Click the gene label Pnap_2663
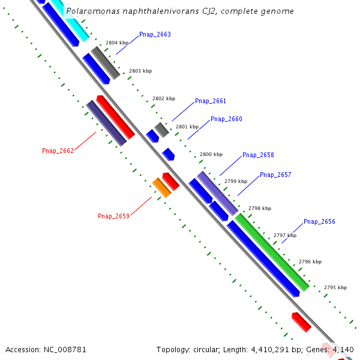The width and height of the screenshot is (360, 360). point(155,35)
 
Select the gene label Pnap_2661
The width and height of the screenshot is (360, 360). point(211,101)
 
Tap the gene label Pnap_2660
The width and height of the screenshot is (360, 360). point(226,119)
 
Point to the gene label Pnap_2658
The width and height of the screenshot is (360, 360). point(258,155)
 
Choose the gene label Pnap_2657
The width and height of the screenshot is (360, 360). point(275,175)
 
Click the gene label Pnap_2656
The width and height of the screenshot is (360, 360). point(319,222)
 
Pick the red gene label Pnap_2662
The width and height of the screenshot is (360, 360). point(58,151)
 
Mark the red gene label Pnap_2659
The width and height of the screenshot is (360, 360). point(113,216)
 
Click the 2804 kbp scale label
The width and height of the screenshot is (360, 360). point(117,43)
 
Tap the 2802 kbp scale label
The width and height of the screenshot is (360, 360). point(164,98)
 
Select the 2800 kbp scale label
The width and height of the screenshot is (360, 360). point(211,154)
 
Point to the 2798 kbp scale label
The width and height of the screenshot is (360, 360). point(260,208)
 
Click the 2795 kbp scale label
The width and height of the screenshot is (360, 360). point(335,288)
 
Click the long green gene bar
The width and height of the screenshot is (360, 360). point(272,253)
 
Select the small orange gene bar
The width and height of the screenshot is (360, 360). point(161,187)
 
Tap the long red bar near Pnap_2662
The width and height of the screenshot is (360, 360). point(115,116)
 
